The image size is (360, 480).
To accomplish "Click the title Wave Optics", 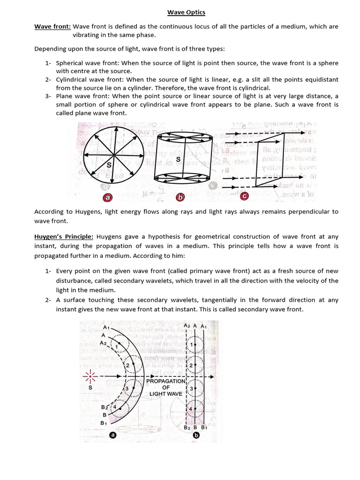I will [x=186, y=12].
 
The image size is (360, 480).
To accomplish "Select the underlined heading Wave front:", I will [x=52, y=27].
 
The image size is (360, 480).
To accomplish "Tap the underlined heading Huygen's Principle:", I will [x=64, y=237].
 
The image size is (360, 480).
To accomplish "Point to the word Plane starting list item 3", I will [x=64, y=96].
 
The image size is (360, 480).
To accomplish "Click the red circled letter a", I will [x=107, y=198].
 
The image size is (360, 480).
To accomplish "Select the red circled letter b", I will [x=178, y=197].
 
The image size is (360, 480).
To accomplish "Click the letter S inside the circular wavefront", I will [x=109, y=165].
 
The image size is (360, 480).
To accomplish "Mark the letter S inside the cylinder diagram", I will [x=178, y=159].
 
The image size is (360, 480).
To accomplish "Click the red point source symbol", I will [x=90, y=376].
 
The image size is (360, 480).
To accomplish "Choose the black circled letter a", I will [x=112, y=435].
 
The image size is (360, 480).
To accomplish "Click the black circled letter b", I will [x=196, y=435].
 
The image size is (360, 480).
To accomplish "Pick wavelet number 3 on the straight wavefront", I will [x=191, y=389].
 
